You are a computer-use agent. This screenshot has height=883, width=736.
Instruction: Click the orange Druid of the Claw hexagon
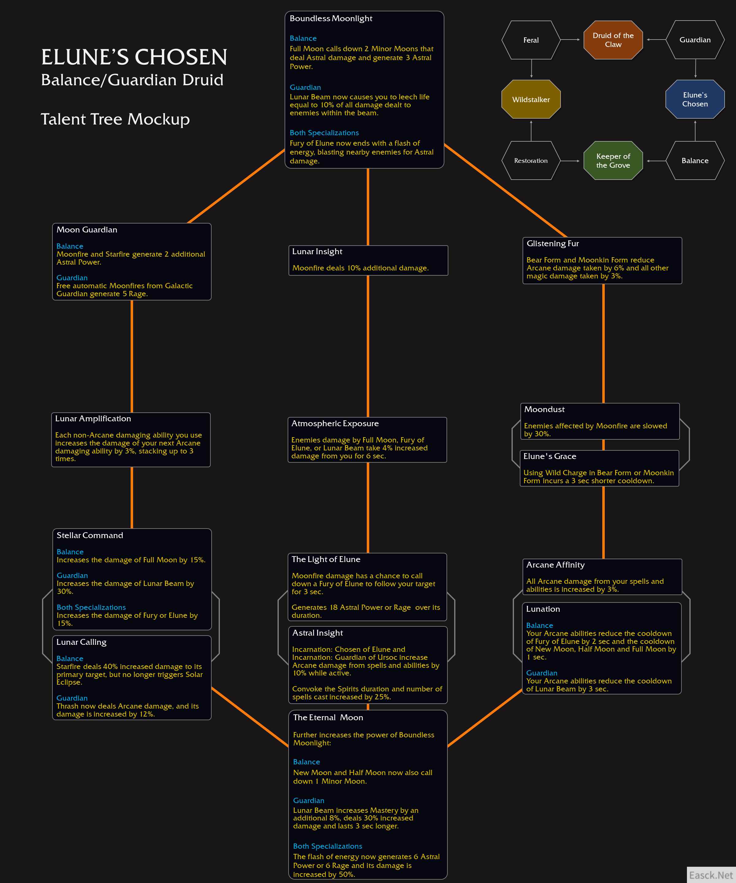[613, 40]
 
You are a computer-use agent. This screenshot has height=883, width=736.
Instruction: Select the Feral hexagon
[531, 40]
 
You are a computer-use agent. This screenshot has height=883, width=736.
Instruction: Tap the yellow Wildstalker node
[531, 99]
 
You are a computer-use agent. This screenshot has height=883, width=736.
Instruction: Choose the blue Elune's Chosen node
[695, 99]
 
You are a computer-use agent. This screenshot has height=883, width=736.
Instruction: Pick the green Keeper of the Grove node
[613, 161]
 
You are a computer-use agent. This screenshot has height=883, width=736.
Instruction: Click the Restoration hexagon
[531, 161]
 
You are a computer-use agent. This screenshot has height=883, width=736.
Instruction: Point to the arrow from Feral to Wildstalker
[531, 69]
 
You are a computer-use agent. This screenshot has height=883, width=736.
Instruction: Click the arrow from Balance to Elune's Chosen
[695, 131]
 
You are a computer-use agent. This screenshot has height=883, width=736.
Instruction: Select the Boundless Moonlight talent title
[331, 18]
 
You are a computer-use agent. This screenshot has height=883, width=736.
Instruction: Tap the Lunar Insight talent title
[317, 251]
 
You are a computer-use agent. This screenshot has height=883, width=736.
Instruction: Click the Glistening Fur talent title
[553, 243]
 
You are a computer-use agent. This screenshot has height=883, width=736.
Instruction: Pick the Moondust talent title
[544, 409]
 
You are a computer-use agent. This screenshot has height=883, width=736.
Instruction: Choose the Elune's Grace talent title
[550, 456]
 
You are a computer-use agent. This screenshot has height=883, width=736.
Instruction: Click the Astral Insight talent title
[317, 633]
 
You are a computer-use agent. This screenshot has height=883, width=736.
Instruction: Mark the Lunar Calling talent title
[82, 642]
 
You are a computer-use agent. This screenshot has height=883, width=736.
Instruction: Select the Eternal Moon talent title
[328, 717]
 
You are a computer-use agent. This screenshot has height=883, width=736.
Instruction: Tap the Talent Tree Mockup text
[115, 119]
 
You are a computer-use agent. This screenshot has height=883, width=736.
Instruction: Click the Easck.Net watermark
[711, 875]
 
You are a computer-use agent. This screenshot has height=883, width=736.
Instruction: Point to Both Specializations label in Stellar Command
[91, 607]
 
